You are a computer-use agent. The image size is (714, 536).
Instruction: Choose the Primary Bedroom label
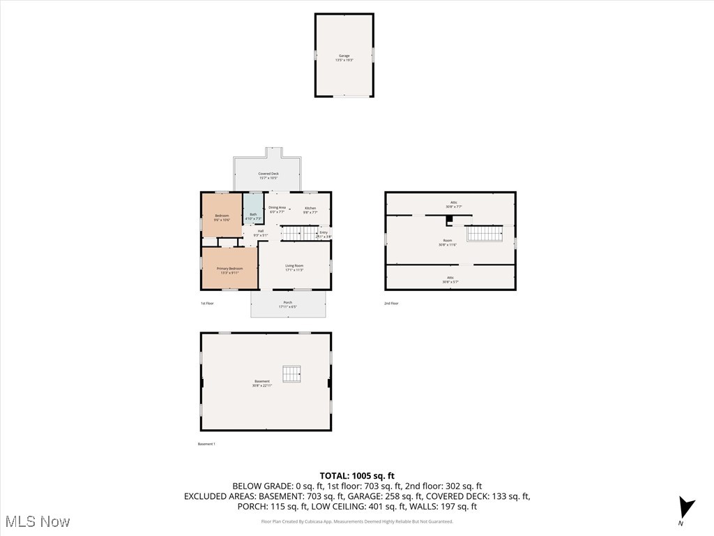pyautogui.click(x=229, y=270)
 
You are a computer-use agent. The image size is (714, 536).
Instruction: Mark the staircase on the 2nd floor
pyautogui.click(x=484, y=234)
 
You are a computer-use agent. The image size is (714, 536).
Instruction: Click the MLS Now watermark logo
pyautogui.click(x=37, y=521)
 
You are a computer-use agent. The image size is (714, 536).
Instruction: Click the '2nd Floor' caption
pyautogui.click(x=392, y=304)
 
